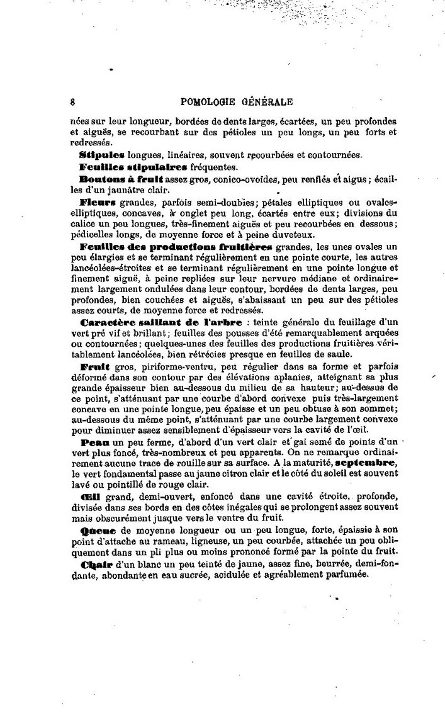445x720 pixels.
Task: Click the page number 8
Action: [73, 101]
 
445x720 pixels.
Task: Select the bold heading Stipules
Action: [103, 154]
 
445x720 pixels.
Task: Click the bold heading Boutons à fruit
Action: [118, 180]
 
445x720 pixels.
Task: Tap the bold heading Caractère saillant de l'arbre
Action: [161, 322]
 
